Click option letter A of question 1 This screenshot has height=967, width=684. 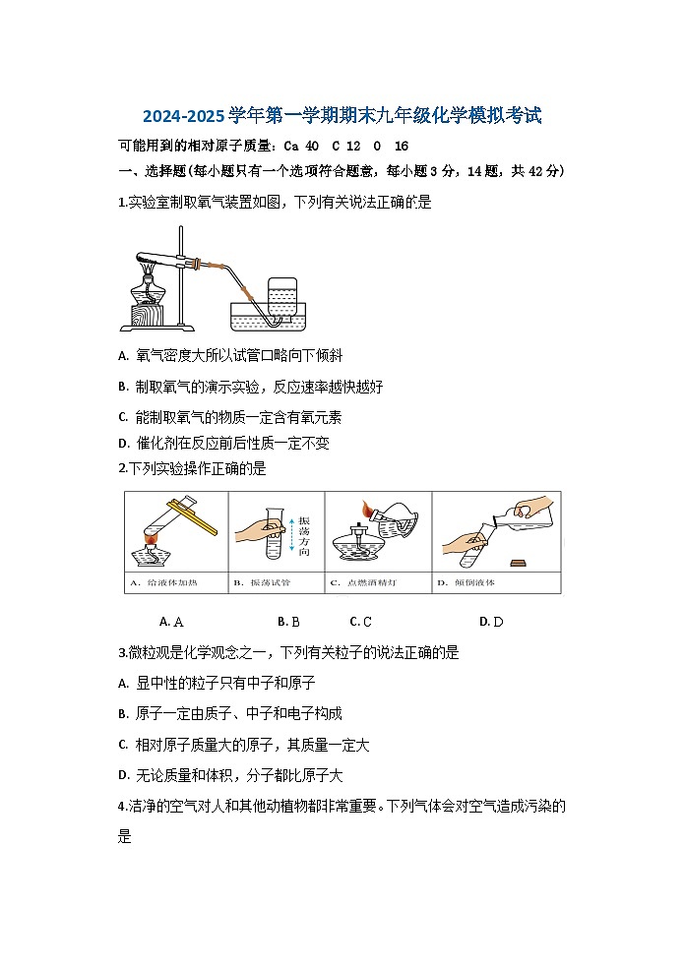(123, 355)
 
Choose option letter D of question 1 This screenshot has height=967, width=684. (123, 444)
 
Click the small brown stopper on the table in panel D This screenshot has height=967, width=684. (518, 562)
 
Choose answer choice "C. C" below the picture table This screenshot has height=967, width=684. (360, 622)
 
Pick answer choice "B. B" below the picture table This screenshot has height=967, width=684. (288, 622)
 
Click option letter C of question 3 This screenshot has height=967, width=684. (123, 745)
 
